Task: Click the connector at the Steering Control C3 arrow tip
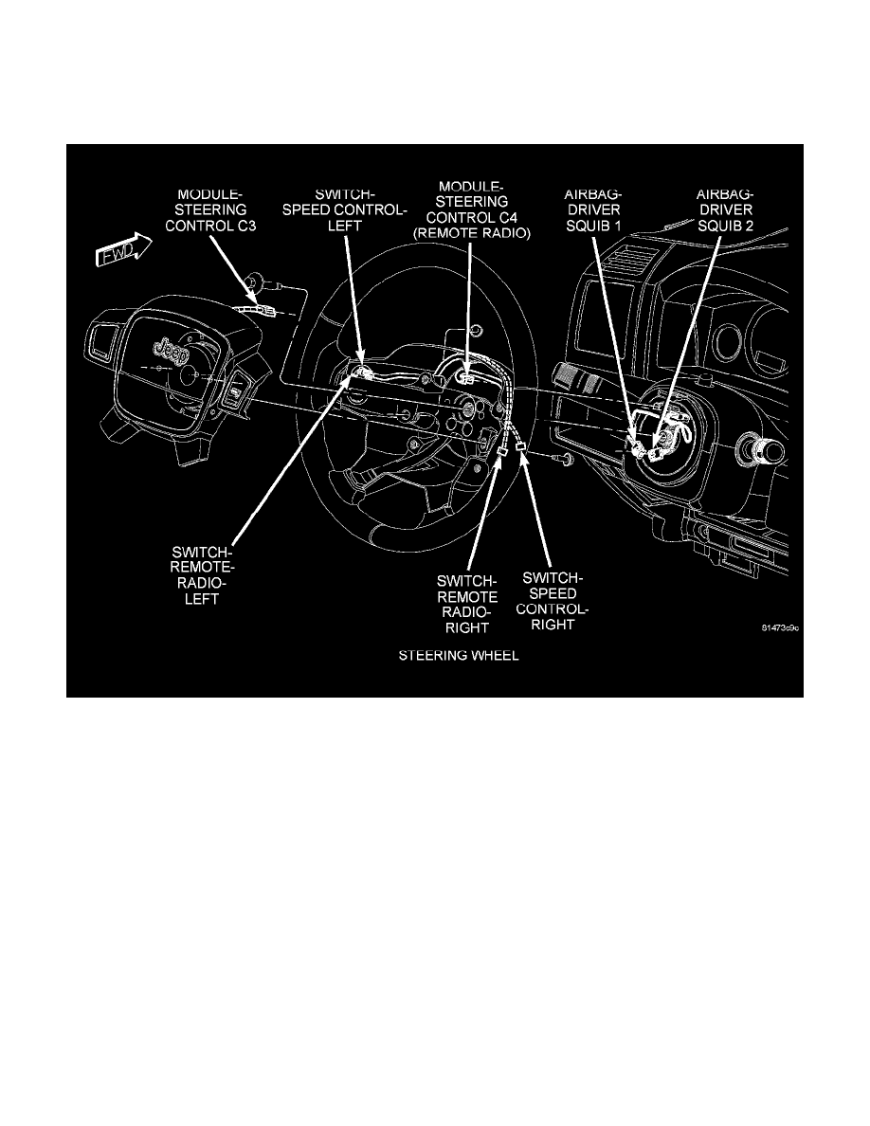click(x=262, y=308)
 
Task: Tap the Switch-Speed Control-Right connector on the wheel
click(x=521, y=445)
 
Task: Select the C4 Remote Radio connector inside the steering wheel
click(x=468, y=376)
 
